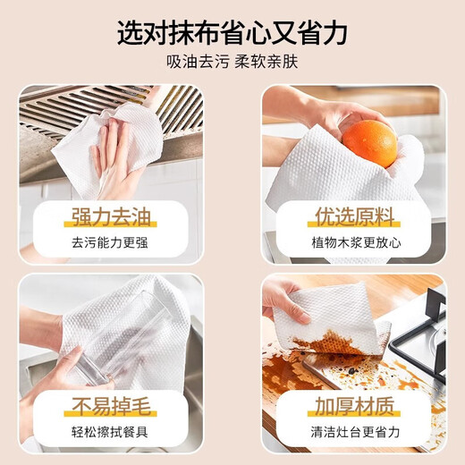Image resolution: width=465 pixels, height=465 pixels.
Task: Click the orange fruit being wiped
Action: click(368, 143)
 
